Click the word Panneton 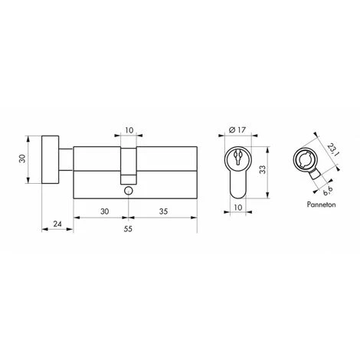pos(321,205)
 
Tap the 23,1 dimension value pos(332,150)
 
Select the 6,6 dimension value pos(327,191)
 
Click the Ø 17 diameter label pos(237,130)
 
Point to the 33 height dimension pos(262,170)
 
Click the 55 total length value pos(128,229)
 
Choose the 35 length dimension pos(163,211)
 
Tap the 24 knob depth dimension pos(57,224)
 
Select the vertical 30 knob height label pos(23,159)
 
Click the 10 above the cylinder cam pos(129,130)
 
